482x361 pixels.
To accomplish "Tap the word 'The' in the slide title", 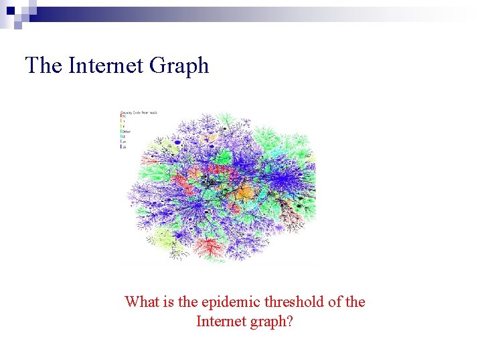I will (44, 66).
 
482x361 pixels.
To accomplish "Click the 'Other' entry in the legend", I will (126, 132).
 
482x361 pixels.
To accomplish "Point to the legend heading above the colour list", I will (139, 112).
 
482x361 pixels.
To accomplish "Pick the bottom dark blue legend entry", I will (123, 146).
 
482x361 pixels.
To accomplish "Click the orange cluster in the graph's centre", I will (246, 192).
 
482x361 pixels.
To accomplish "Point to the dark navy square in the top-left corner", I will (11, 11).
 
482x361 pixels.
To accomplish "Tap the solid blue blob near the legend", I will (177, 142).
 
